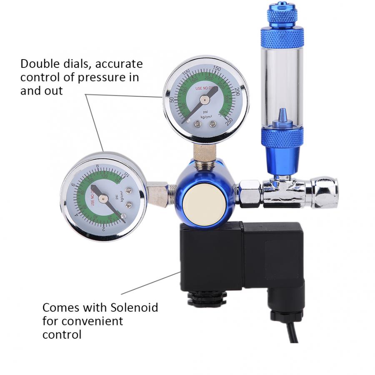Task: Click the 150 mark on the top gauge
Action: coord(217,69)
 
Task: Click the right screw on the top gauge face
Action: coord(213,124)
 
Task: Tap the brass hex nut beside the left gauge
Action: coord(158,192)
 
